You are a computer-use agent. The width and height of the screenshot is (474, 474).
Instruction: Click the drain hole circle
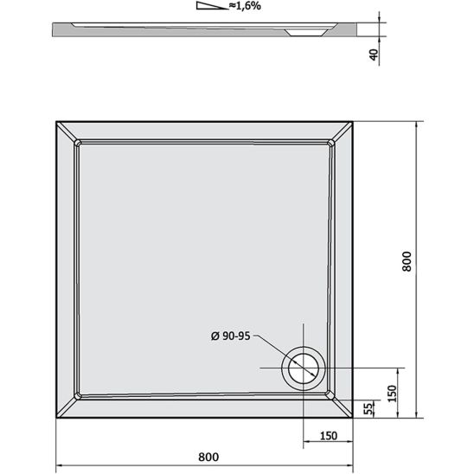pyautogui.click(x=304, y=368)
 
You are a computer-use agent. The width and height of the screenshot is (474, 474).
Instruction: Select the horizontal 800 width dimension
pyautogui.click(x=208, y=456)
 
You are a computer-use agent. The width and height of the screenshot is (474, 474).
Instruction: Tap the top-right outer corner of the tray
pyautogui.click(x=355, y=121)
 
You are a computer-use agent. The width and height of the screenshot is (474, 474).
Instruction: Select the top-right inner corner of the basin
pyautogui.click(x=332, y=143)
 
